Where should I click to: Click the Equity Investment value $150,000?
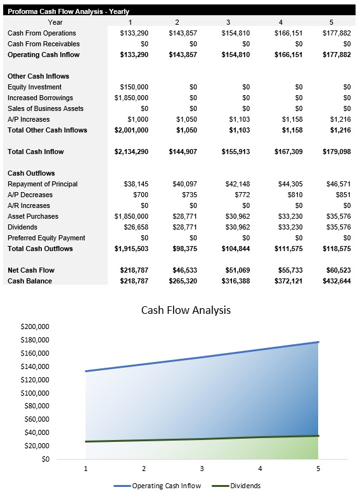[x=134, y=87]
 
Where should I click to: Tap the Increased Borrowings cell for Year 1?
[x=132, y=98]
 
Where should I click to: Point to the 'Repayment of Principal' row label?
[x=42, y=184]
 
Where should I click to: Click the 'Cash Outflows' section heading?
[x=31, y=173]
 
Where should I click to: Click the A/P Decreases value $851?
[x=341, y=195]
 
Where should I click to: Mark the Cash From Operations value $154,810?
[x=235, y=33]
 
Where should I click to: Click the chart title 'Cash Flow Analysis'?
[x=186, y=310]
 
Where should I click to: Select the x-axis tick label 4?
[x=260, y=469]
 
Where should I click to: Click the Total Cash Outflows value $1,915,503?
[x=131, y=249]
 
